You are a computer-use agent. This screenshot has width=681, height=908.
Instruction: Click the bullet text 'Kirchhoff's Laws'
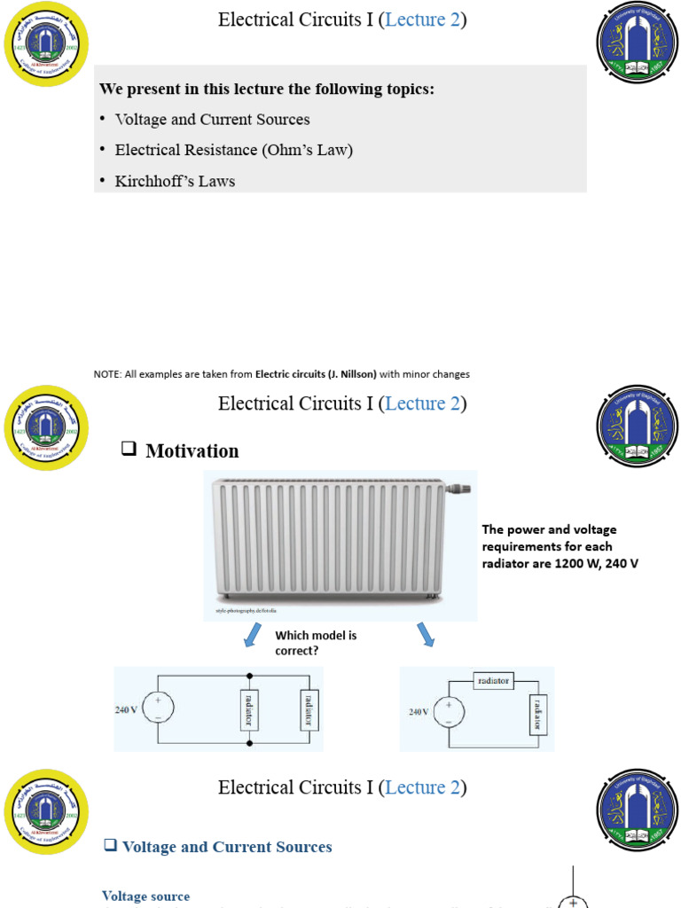tap(175, 181)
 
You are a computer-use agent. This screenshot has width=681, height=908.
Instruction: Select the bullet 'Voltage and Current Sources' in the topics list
tap(212, 119)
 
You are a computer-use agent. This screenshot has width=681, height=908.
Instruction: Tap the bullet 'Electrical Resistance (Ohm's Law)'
tap(233, 150)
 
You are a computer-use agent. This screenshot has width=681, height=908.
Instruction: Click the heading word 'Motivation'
tap(192, 450)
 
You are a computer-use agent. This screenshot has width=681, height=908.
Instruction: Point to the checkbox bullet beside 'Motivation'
tap(129, 450)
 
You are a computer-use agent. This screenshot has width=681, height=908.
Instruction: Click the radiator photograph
tap(328, 541)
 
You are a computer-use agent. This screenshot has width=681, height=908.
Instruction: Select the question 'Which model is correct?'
tap(315, 643)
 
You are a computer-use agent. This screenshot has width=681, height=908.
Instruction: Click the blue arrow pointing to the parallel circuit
tap(254, 635)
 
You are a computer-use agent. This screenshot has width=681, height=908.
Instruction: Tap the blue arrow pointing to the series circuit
tap(424, 634)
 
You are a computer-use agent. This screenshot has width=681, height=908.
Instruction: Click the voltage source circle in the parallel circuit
tap(158, 708)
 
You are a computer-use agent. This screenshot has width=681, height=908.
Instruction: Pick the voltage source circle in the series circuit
tap(449, 711)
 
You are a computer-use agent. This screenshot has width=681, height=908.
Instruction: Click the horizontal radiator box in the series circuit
tap(493, 681)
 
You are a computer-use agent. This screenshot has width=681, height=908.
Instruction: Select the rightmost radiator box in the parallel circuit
tap(309, 708)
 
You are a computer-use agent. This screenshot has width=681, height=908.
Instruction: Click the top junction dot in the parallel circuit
tap(250, 674)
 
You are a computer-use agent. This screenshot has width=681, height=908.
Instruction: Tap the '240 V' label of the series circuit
tap(419, 712)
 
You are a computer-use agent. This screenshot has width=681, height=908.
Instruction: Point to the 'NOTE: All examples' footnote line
tap(281, 374)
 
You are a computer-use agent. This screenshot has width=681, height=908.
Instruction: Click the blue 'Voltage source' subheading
tap(145, 896)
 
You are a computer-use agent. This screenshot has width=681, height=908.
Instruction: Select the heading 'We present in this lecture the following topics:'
tap(266, 90)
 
